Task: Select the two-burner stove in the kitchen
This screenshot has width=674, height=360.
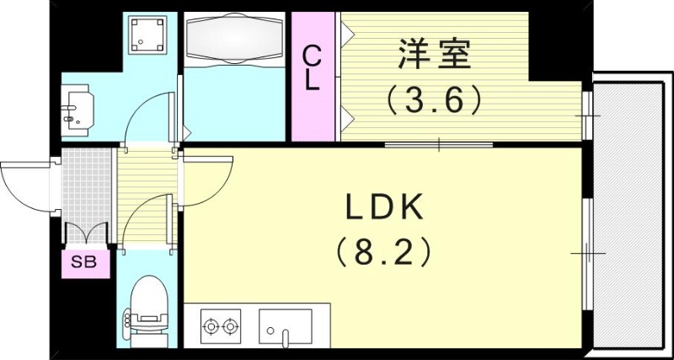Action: [220, 325]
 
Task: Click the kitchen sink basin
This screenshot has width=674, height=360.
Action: [285, 325]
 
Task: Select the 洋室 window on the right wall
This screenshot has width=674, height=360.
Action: [587, 114]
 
